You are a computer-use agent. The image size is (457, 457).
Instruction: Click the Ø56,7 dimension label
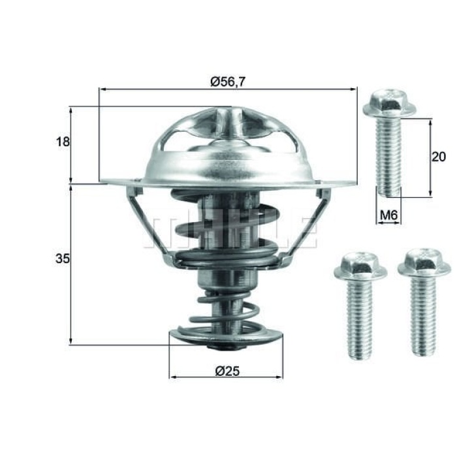pos(228,82)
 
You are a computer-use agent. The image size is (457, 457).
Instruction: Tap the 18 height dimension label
pos(63,142)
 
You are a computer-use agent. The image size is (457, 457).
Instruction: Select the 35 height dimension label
pos(63,259)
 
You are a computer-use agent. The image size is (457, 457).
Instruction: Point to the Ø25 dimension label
pos(227,371)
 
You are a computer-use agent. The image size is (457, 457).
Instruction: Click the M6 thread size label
pos(389,215)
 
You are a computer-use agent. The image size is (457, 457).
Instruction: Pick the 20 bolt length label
pos(439,157)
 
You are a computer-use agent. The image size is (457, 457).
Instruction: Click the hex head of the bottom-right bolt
pos(424,263)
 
